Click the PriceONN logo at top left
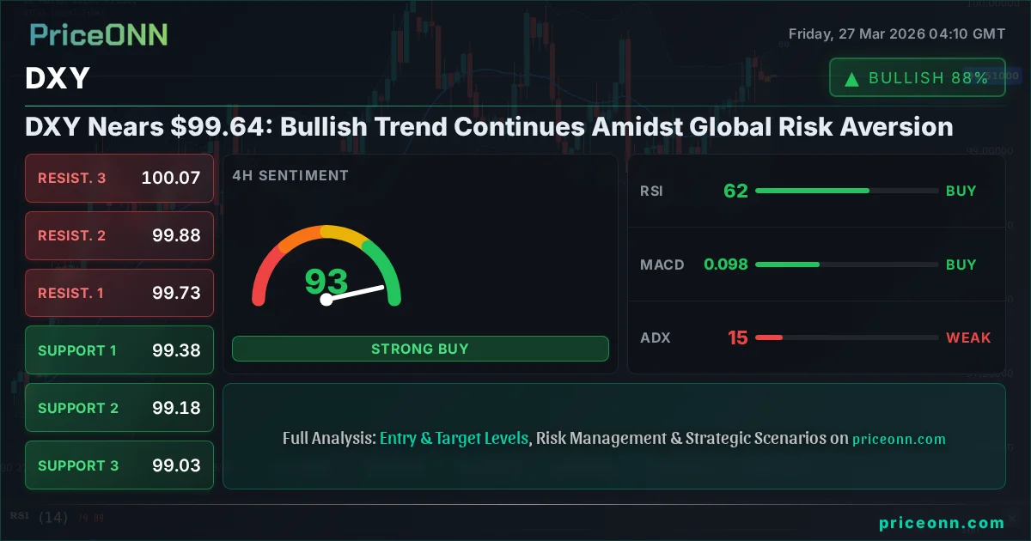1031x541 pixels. [x=99, y=34]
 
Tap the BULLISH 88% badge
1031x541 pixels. [x=917, y=78]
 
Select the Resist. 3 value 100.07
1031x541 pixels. [x=171, y=179]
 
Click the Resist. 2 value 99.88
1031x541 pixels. [x=176, y=235]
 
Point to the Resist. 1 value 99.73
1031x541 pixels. [x=176, y=293]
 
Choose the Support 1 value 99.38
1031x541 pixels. [x=176, y=350]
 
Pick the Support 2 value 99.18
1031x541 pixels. [x=176, y=408]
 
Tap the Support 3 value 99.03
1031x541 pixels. [x=176, y=465]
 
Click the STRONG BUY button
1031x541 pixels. [x=420, y=349]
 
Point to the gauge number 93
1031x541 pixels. [x=326, y=281]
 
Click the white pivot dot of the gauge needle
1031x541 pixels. [x=326, y=300]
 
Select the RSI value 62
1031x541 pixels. [x=735, y=191]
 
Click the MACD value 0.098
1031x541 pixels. [x=726, y=264]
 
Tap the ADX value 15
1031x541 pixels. [x=738, y=337]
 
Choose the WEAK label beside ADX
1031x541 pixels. [x=968, y=337]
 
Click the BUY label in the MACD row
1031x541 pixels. [x=961, y=264]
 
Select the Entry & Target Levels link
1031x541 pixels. [x=454, y=438]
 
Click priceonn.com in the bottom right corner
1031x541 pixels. [x=942, y=523]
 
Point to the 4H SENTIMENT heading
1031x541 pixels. [x=290, y=176]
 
